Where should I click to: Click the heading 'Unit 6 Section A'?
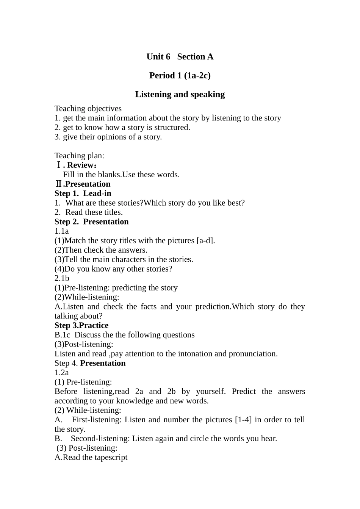[180, 57]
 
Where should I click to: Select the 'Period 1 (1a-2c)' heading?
[180, 76]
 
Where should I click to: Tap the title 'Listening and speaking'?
[180, 94]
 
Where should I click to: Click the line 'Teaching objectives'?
[88, 109]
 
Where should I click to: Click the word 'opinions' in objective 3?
[103, 137]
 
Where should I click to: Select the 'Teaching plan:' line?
[79, 156]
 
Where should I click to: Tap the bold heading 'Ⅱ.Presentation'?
[83, 184]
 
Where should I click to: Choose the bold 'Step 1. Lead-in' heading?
[83, 194]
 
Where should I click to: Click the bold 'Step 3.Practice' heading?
[81, 326]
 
